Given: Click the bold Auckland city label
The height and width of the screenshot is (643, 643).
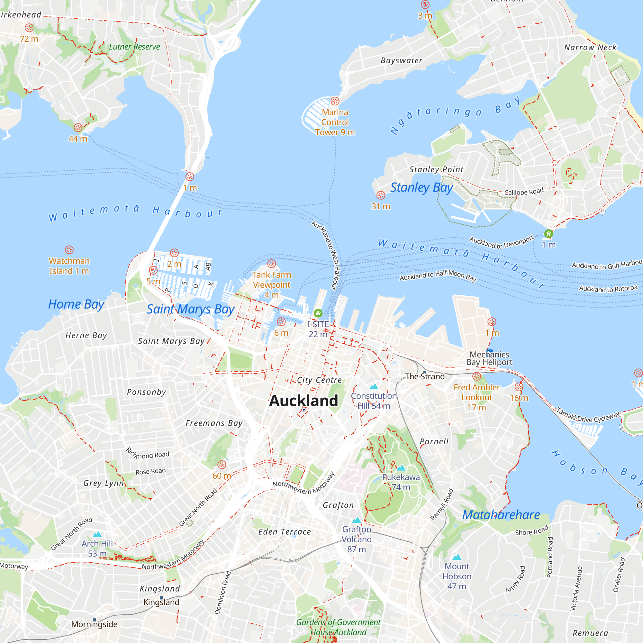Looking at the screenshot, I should (303, 401).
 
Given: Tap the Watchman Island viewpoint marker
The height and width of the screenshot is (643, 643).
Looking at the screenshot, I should (69, 249).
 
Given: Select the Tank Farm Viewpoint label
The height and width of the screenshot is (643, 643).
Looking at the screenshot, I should (272, 285).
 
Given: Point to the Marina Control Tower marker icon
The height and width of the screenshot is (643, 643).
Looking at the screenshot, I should (335, 101).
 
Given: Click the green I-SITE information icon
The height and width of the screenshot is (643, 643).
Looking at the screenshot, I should (318, 313).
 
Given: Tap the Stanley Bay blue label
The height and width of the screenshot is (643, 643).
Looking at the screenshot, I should (421, 188).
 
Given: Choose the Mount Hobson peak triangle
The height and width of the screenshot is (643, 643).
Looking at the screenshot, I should (457, 557).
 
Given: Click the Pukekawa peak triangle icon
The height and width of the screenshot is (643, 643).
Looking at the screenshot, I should (401, 468).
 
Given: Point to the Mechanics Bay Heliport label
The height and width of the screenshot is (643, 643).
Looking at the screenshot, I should (489, 358).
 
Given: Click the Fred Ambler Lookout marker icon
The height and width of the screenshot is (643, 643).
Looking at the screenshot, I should (476, 376).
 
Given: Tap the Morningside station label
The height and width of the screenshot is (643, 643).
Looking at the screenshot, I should (94, 624).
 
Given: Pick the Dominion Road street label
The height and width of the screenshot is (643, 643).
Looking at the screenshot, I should (223, 593).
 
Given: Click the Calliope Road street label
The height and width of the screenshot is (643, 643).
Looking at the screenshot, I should (523, 192).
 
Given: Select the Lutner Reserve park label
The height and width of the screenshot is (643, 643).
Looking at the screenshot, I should (134, 47).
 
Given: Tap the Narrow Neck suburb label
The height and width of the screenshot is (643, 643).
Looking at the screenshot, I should (590, 48).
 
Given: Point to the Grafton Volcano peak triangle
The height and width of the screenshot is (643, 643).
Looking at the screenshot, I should (357, 520).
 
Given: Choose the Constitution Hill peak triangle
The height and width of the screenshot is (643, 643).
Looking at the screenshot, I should (374, 386).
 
